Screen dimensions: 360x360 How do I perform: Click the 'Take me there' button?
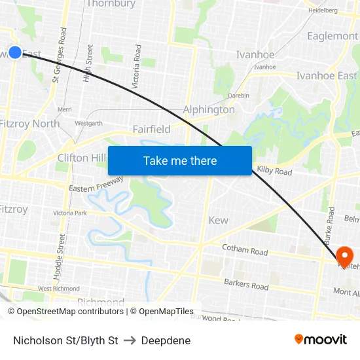tap(180, 160)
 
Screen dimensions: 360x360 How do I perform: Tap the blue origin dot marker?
tap(15, 52)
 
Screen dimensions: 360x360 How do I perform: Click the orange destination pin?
tap(344, 255)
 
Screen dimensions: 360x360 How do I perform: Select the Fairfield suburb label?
tap(151, 129)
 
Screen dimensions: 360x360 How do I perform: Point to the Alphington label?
tap(209, 109)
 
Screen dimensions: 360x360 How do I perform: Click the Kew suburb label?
tap(218, 220)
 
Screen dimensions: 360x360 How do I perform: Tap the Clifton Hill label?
tap(82, 158)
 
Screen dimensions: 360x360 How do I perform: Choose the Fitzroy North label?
tap(30, 123)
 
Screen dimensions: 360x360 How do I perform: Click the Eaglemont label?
tap(333, 36)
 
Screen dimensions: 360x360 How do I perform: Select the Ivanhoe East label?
tap(327, 76)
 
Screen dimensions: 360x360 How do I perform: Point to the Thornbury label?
tap(111, 4)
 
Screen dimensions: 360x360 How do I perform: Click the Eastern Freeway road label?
tap(96, 184)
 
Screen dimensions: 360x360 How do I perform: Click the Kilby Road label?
tap(274, 171)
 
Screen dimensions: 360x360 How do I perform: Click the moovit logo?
tap(320, 339)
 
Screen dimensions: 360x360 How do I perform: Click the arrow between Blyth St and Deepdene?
tap(129, 340)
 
